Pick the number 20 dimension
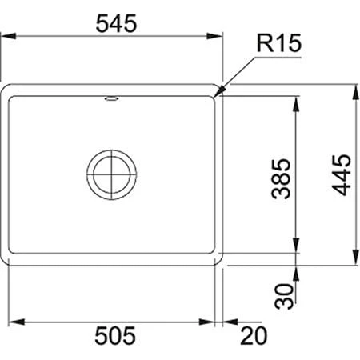click(254, 333)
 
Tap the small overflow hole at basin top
click(110, 99)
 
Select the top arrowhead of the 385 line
click(298, 94)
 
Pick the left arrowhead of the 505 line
click(18, 321)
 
